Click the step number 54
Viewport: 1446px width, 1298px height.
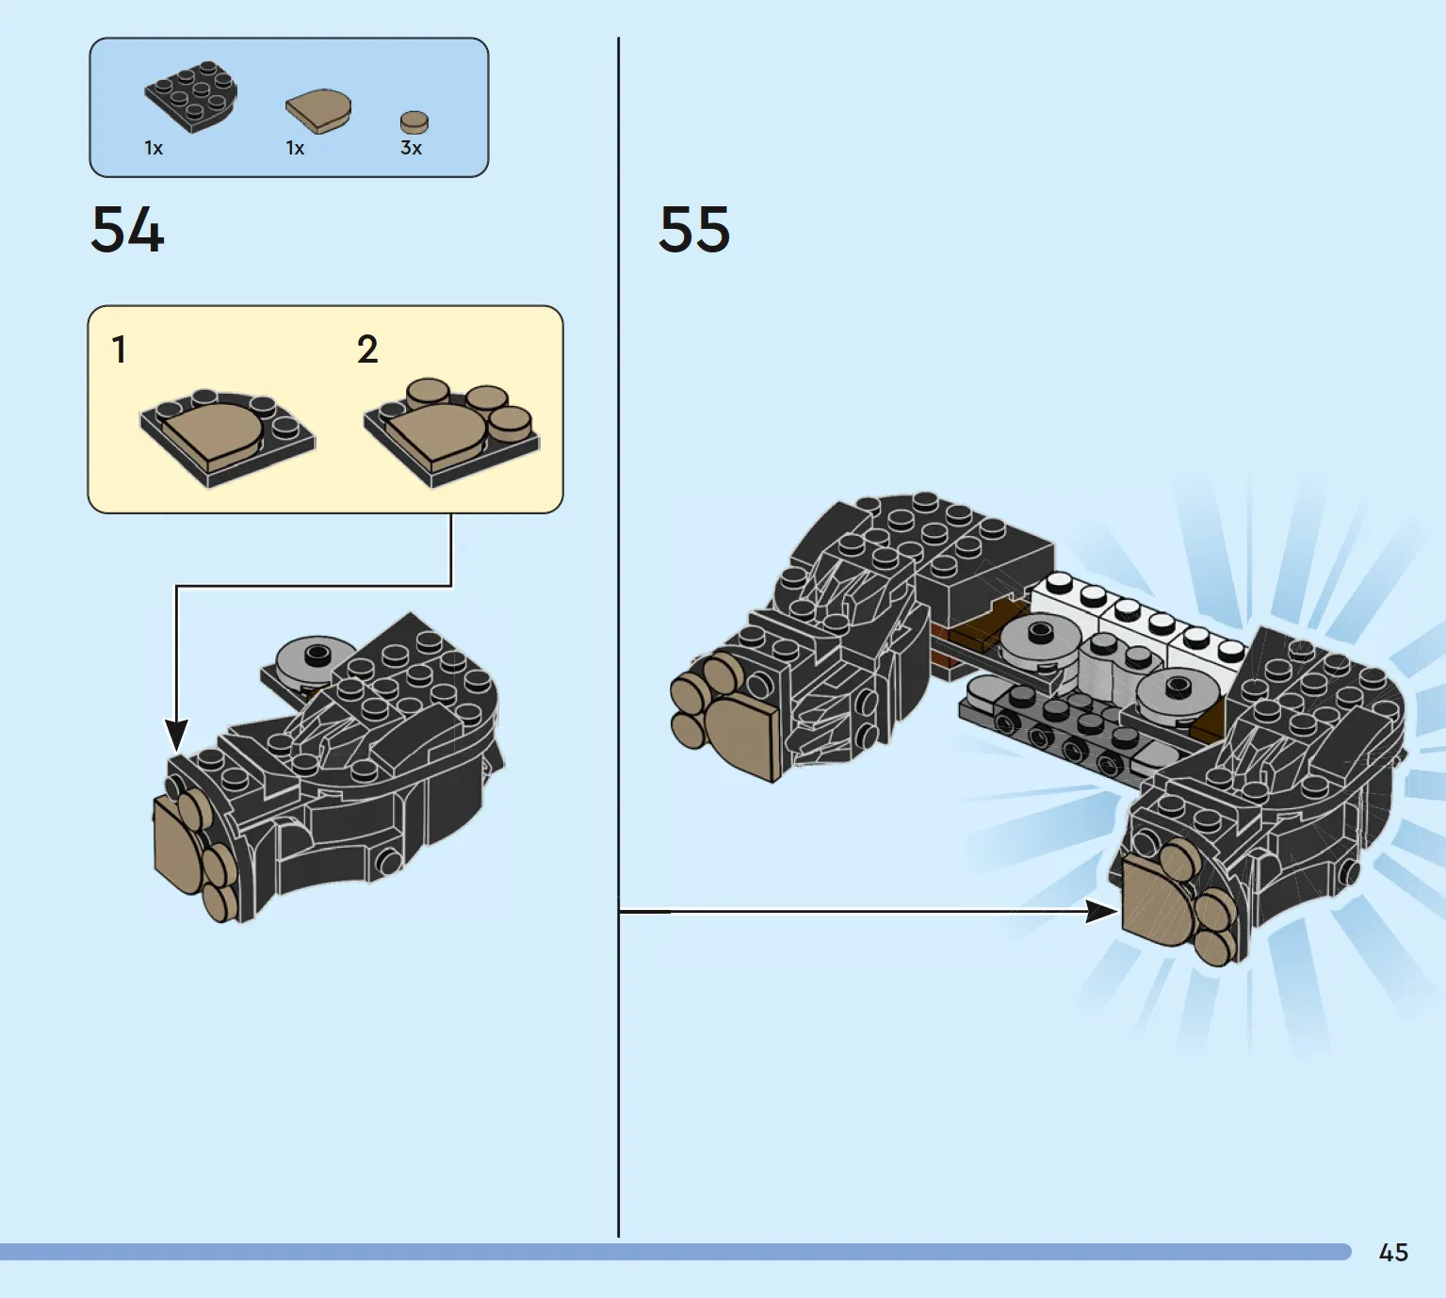point(128,229)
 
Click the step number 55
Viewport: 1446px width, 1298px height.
point(694,229)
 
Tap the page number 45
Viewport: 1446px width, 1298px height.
point(1394,1253)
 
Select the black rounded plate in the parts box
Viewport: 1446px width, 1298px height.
point(191,96)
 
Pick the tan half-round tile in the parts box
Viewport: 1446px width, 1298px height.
point(318,111)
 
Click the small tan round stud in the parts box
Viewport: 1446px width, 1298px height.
point(414,122)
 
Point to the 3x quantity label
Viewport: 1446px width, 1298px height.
point(411,149)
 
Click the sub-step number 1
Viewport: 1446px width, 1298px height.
point(120,349)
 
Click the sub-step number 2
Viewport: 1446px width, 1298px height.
point(367,349)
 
